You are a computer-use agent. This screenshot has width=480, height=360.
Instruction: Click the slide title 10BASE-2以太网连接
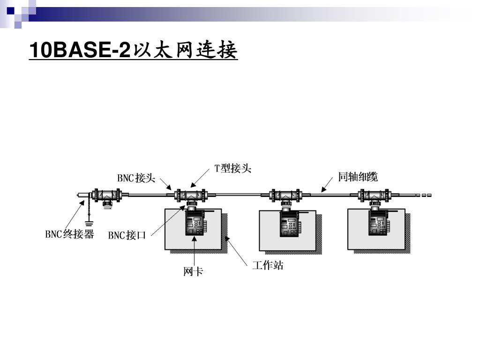point(134,51)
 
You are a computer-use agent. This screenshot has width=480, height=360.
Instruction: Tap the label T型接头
point(233,168)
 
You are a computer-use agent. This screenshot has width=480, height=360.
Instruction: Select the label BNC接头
point(136,178)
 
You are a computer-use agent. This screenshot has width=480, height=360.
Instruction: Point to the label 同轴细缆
point(358,177)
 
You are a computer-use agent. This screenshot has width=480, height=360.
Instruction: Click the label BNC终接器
point(69,234)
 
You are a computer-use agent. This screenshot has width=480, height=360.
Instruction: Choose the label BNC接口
point(127,235)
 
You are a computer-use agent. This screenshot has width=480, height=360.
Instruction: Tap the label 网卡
point(193,271)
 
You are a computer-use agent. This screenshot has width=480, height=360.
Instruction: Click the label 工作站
point(268,266)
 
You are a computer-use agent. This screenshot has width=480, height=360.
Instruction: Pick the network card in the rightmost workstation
point(378,224)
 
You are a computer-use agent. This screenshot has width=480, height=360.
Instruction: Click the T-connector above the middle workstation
point(284,195)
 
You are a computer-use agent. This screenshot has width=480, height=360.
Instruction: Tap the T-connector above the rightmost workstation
point(374,195)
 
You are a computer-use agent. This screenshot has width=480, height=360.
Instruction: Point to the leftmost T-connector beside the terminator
point(107,195)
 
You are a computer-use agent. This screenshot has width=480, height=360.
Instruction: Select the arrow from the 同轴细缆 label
point(328,185)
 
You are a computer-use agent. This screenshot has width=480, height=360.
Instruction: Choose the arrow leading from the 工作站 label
point(236,250)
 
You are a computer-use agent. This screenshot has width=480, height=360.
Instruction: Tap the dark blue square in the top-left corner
point(10,10)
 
